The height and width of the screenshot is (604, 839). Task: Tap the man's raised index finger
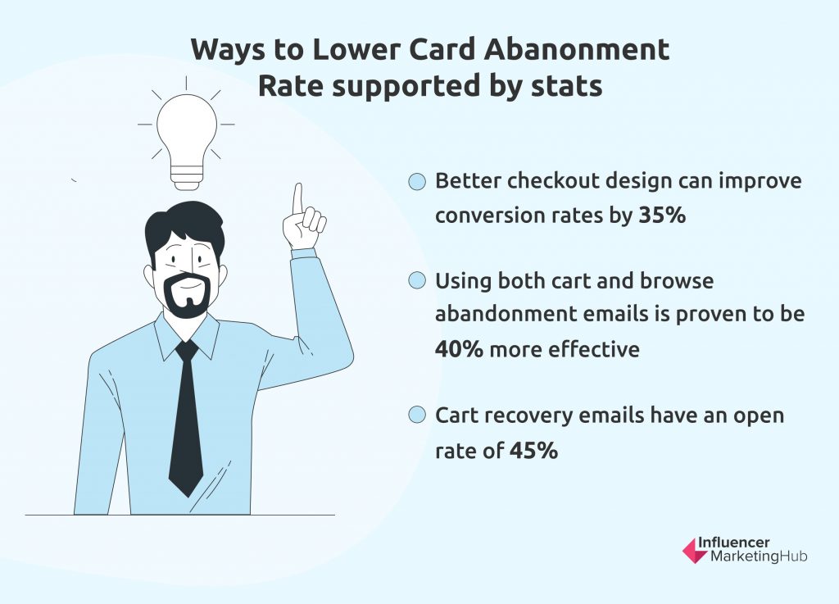click(x=297, y=201)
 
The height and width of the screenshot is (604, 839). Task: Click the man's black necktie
click(x=186, y=417)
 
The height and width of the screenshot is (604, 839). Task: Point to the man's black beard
click(x=186, y=294)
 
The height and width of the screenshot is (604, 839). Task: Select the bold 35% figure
click(x=662, y=215)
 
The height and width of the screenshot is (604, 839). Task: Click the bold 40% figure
click(x=459, y=349)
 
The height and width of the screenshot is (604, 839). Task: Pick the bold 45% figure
click(x=533, y=451)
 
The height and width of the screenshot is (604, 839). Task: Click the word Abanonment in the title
click(x=577, y=49)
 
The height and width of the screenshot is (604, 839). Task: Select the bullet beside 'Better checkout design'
click(x=417, y=181)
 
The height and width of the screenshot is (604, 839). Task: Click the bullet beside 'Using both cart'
click(x=417, y=280)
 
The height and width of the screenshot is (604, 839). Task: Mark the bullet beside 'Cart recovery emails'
click(x=417, y=415)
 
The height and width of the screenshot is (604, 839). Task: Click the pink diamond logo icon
click(x=695, y=551)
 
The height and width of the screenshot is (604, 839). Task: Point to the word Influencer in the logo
click(x=733, y=543)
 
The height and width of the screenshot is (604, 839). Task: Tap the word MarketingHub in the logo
click(x=759, y=557)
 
